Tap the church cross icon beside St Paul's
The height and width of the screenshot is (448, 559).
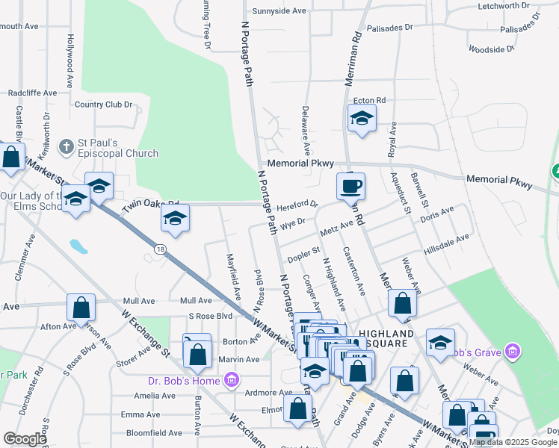click(x=67, y=146)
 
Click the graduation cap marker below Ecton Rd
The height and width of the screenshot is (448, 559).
click(x=362, y=119)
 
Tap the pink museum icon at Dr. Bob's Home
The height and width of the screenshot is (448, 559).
click(x=232, y=381)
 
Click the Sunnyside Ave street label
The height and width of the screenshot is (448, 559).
click(x=279, y=11)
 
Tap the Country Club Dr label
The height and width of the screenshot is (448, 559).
click(x=103, y=105)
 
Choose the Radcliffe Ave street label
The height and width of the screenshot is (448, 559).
click(x=32, y=93)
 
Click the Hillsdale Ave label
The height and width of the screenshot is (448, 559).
click(x=446, y=240)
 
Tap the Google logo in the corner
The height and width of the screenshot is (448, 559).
click(x=25, y=439)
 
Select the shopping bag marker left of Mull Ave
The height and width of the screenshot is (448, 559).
click(x=81, y=307)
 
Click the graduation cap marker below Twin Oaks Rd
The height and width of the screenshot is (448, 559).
click(x=175, y=217)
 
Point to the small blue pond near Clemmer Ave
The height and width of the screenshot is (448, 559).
click(x=77, y=245)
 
